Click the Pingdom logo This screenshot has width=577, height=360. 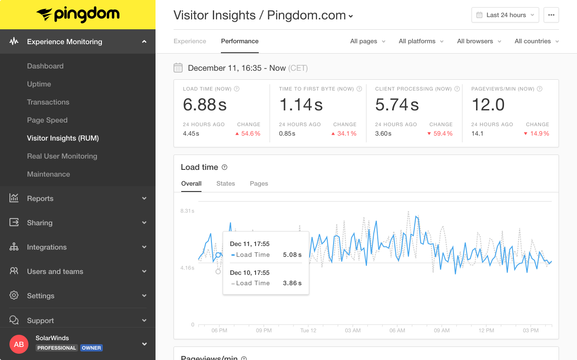(x=78, y=14)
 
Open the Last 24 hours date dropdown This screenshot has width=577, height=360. (x=505, y=15)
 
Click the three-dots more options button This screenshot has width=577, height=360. (x=551, y=15)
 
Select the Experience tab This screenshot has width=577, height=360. (x=190, y=41)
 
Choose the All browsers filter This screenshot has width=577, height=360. (x=479, y=41)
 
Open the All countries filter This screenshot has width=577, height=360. (x=536, y=41)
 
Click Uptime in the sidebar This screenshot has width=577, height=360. (x=39, y=84)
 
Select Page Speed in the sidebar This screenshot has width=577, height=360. (x=47, y=120)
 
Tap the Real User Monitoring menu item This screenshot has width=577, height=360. (x=62, y=156)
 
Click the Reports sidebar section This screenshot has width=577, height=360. (x=40, y=198)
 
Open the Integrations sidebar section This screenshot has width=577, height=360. (x=47, y=247)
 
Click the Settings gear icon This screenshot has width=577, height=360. (x=14, y=296)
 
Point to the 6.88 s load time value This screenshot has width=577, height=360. (x=205, y=105)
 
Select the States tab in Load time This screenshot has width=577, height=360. (x=225, y=183)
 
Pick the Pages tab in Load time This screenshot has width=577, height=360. (x=259, y=183)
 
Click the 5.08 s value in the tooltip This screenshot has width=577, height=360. (x=292, y=255)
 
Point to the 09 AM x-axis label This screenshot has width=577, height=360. (x=442, y=330)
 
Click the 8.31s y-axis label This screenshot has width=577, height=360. (x=187, y=211)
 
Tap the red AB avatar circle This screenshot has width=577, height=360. (x=19, y=344)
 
